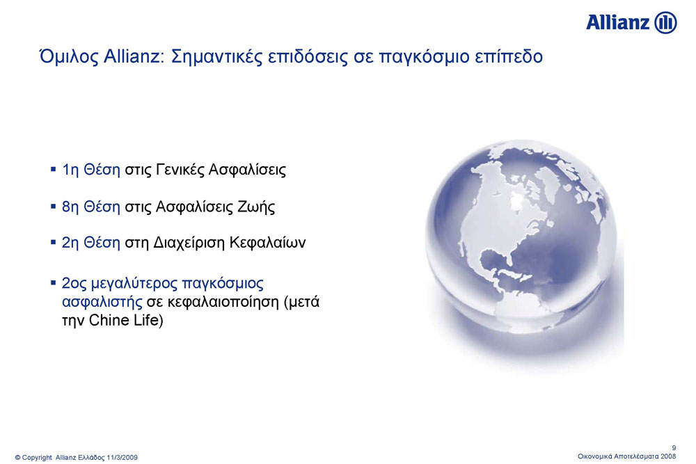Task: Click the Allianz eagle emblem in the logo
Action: [666, 22]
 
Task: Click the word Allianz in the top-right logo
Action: [618, 22]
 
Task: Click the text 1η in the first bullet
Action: [70, 170]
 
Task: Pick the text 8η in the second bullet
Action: [70, 207]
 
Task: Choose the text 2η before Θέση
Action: [70, 243]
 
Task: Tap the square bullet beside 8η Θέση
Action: [54, 207]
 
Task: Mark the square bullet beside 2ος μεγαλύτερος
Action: [54, 282]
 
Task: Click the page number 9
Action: [674, 448]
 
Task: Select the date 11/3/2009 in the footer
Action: [122, 457]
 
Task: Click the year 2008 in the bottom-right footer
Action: [668, 456]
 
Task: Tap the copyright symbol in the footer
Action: [18, 457]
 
